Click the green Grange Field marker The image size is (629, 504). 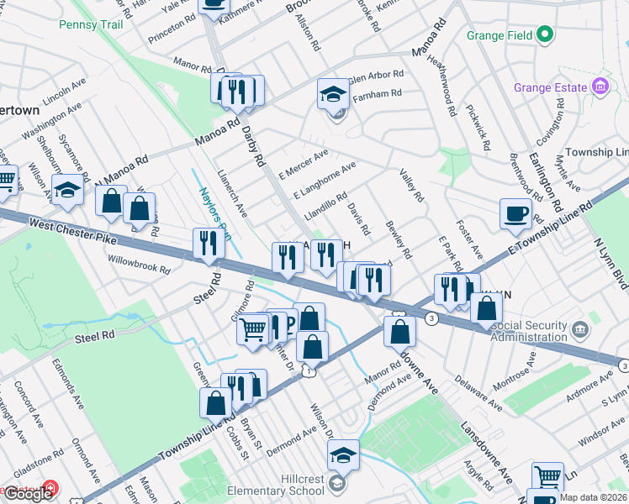coord(545,34)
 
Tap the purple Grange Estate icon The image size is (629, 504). coord(600,87)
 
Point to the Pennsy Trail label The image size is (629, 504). coord(91,24)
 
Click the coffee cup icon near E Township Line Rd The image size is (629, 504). coord(515,213)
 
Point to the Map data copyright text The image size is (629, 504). coord(594,497)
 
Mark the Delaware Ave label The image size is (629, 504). coord(480,392)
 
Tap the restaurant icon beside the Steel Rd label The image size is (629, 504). coord(207,244)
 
